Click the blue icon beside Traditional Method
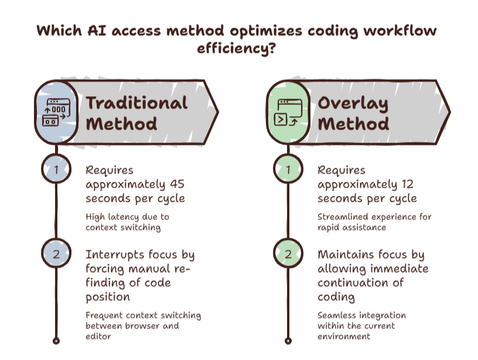(x=56, y=112)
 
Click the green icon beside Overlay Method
(x=288, y=112)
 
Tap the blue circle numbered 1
(x=56, y=169)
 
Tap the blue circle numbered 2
(x=56, y=253)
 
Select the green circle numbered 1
(x=288, y=169)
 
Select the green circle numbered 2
(x=288, y=253)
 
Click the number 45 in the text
(x=177, y=184)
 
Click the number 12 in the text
(x=407, y=184)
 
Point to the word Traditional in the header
(x=136, y=103)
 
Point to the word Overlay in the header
(x=353, y=104)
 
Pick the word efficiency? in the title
(x=236, y=49)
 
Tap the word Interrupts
(x=115, y=254)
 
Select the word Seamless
(x=332, y=315)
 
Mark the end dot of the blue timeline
(x=56, y=341)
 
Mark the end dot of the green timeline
(x=288, y=341)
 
